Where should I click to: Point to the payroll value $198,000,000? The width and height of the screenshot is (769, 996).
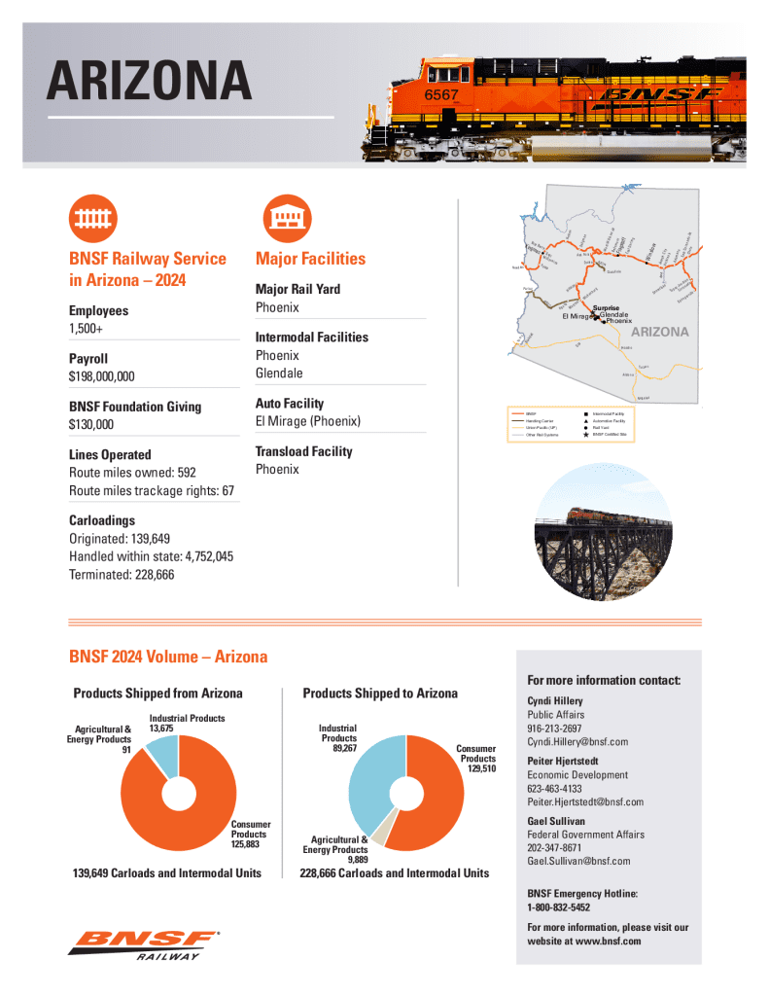101,376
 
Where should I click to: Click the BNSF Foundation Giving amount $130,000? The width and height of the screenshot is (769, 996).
90,424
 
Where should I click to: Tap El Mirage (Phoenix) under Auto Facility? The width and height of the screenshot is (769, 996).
307,421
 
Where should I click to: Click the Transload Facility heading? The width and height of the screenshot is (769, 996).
303,451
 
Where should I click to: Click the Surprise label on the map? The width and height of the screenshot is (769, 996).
607,308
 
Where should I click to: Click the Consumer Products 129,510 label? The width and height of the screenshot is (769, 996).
477,758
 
